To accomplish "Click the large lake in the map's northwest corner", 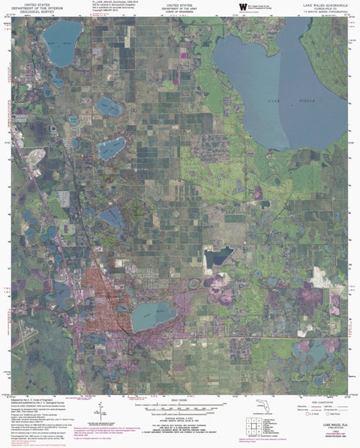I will click(62, 34).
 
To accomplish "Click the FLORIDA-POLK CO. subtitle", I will click(319, 9).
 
